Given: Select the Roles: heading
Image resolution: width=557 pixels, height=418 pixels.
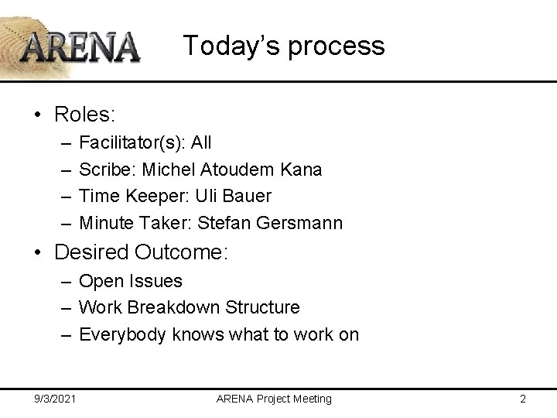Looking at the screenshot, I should tap(84, 115).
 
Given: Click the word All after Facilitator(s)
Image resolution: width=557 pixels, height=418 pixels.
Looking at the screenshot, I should tap(201, 142).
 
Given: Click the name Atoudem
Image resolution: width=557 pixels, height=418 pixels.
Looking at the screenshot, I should tap(234, 169).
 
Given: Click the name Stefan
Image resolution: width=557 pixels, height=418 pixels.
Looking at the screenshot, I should tap(220, 223).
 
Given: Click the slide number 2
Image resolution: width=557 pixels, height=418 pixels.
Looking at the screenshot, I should tap(523, 399).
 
